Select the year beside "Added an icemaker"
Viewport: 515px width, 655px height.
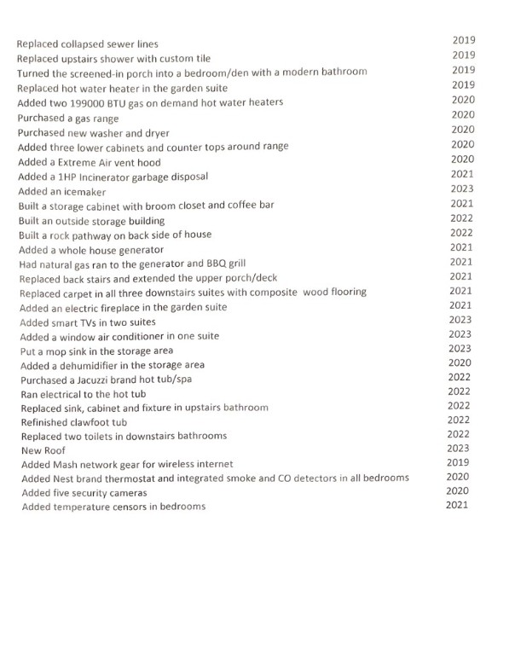point(461,188)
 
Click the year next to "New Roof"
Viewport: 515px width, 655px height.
point(459,448)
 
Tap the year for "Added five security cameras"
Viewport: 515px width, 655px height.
point(458,490)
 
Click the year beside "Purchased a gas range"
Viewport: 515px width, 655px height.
point(462,114)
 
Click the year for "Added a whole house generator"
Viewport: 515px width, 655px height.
point(461,247)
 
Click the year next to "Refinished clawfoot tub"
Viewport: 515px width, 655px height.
point(459,420)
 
